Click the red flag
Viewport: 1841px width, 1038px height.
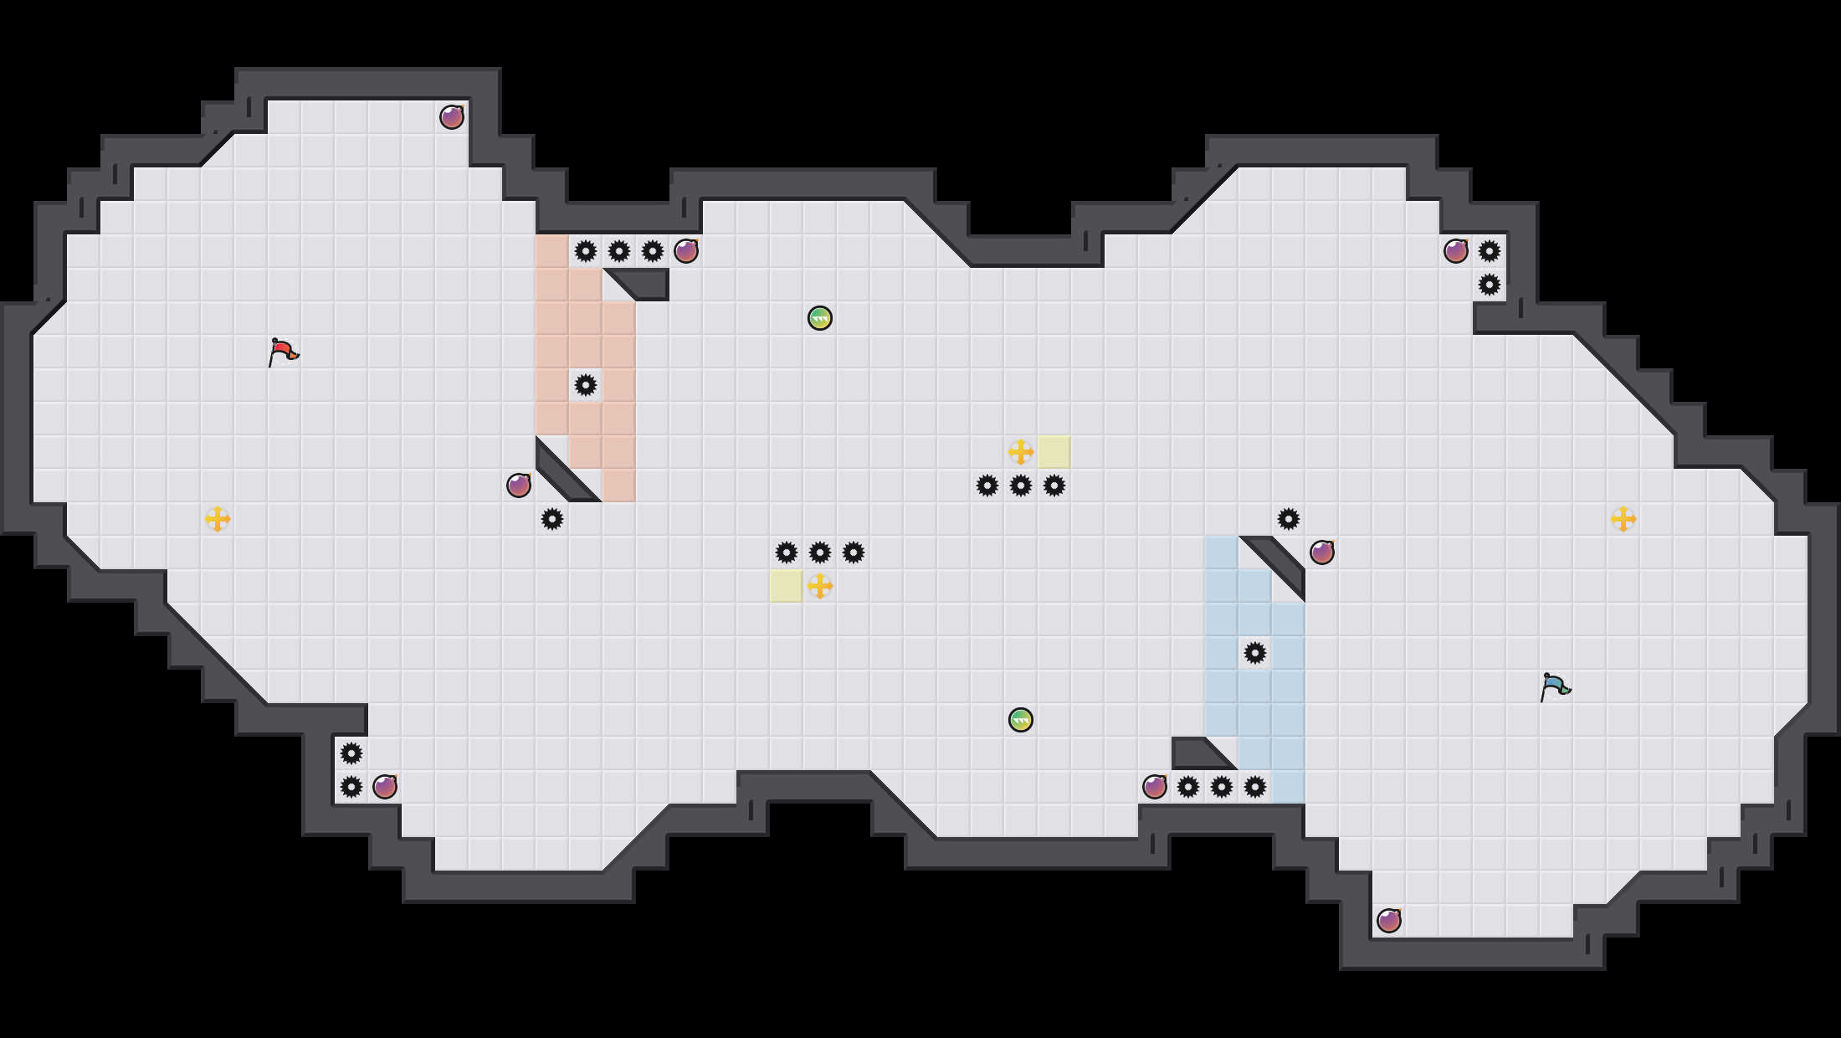283,352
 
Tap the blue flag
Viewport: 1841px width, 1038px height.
1555,686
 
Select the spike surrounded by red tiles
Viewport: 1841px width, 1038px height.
586,385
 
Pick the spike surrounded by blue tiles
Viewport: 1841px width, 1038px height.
1255,653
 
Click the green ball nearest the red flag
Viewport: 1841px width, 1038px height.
820,318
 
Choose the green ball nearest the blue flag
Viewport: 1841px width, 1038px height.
1021,720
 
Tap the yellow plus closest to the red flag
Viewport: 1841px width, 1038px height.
218,519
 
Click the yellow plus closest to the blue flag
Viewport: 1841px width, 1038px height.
1623,519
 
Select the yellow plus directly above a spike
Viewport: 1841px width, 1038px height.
1021,452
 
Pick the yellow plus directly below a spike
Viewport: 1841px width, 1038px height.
820,586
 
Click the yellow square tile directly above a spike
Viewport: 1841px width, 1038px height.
1054,452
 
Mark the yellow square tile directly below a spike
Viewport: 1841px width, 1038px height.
787,586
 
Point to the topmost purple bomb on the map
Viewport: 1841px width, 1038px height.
452,117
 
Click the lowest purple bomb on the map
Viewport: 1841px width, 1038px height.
1389,921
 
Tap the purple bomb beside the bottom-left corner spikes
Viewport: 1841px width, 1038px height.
385,787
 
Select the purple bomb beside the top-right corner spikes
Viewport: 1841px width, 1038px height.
1456,251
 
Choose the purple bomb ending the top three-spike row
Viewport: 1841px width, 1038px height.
686,251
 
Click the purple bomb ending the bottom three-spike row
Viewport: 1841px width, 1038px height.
1155,787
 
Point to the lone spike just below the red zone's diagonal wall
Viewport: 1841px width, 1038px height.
552,519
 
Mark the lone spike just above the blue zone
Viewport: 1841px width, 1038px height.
1289,519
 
